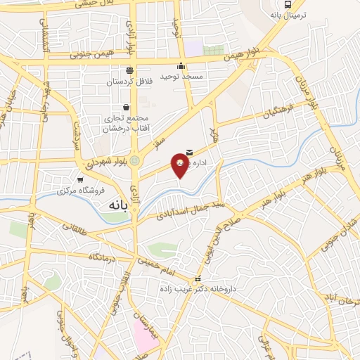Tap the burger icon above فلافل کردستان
(129, 70)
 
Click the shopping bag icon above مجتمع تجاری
(126, 107)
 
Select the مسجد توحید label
(181, 76)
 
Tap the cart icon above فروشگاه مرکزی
(80, 179)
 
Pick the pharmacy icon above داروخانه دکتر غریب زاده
(198, 278)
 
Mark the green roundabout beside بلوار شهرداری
(134, 160)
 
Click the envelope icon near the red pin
(190, 150)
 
